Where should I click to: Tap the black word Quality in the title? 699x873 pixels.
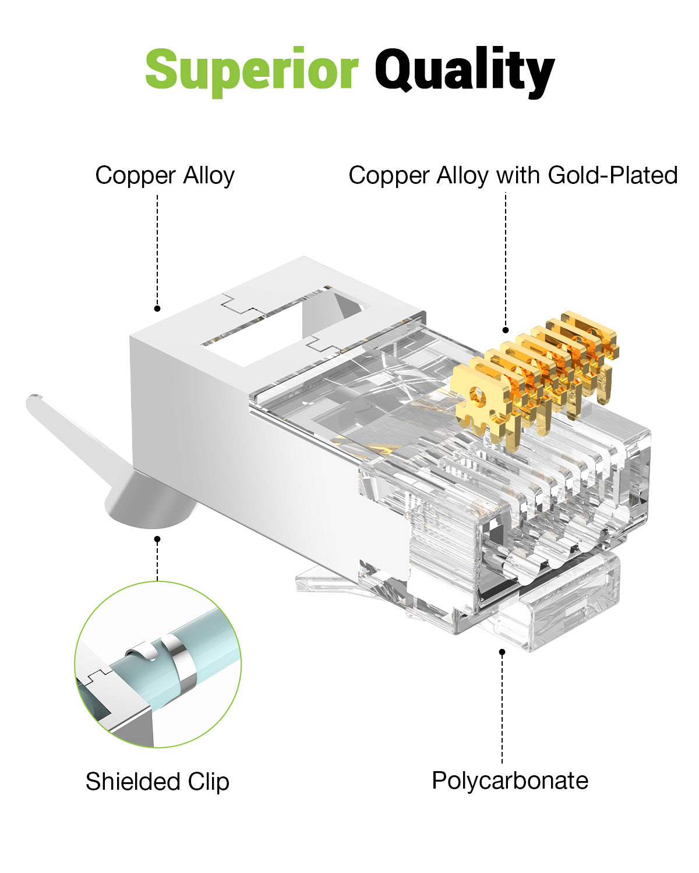[464, 71]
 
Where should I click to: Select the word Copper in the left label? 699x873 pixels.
[136, 175]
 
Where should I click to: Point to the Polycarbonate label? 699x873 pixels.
[510, 780]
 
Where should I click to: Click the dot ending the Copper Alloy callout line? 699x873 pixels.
[157, 308]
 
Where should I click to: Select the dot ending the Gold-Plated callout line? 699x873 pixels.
[506, 330]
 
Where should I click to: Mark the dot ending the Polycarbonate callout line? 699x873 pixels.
[502, 652]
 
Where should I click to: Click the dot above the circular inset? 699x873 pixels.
[157, 540]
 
